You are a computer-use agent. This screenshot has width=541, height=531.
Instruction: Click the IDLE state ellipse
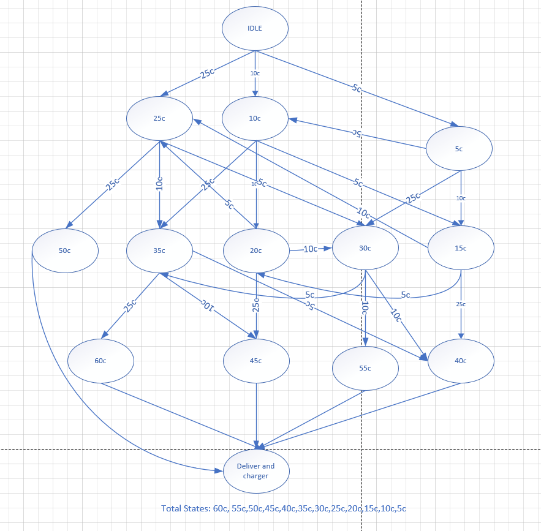pyautogui.click(x=255, y=28)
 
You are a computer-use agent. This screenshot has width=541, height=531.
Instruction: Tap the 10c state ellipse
pyautogui.click(x=255, y=118)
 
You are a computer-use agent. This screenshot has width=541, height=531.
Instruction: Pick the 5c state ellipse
pyautogui.click(x=460, y=148)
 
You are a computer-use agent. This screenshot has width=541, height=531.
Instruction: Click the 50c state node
pyautogui.click(x=65, y=250)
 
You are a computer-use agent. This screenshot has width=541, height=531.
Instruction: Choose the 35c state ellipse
pyautogui.click(x=159, y=250)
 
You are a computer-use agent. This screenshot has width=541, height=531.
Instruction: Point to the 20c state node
pyautogui.click(x=256, y=250)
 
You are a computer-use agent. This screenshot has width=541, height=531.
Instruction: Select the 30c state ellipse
pyautogui.click(x=365, y=248)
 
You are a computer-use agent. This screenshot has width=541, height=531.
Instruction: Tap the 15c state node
pyautogui.click(x=460, y=248)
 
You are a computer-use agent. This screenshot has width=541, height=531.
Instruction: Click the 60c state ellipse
pyautogui.click(x=100, y=361)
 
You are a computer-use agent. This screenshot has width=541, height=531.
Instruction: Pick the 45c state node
pyautogui.click(x=256, y=361)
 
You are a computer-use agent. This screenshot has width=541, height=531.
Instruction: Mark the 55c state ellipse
pyautogui.click(x=365, y=369)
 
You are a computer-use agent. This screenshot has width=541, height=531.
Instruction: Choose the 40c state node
pyautogui.click(x=460, y=361)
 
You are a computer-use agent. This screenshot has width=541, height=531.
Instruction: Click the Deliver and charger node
pyautogui.click(x=256, y=471)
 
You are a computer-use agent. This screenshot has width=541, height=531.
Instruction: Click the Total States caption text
pyautogui.click(x=284, y=508)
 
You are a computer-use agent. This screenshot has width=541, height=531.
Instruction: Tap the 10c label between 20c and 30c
pyautogui.click(x=311, y=249)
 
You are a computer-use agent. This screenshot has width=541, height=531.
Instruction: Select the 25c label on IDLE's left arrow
pyautogui.click(x=207, y=73)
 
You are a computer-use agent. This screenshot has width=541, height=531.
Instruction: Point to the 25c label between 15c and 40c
pyautogui.click(x=461, y=304)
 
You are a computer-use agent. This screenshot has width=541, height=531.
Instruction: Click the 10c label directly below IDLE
pyautogui.click(x=255, y=73)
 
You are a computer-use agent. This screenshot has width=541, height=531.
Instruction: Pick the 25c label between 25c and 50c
pyautogui.click(x=113, y=184)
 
